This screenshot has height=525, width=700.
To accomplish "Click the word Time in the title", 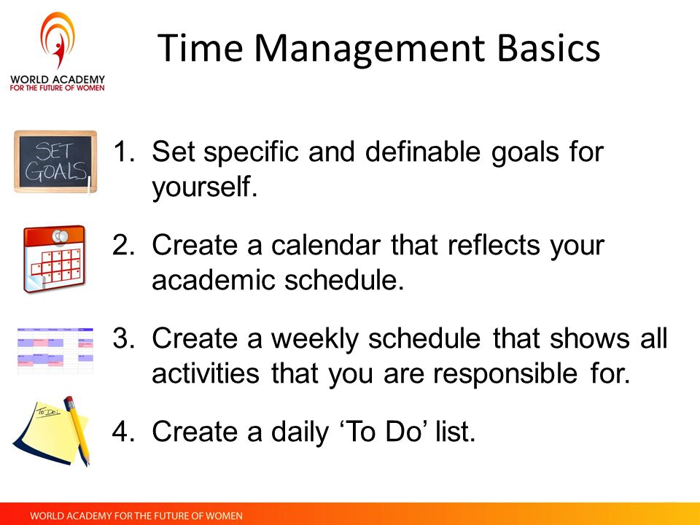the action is coord(200,48).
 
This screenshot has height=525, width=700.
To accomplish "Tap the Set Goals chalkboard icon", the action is coord(55,162).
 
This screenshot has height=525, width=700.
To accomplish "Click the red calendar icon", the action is coord(54,259).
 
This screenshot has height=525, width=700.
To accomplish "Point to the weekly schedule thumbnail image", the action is coord(55,351).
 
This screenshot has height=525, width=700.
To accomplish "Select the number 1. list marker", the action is coord(124,152).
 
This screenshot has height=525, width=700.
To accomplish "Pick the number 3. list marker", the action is coord(124,338).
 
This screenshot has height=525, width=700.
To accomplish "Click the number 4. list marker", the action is coord(124,431).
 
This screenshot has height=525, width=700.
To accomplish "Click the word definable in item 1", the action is coord(422,152).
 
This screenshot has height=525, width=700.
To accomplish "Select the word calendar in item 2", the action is coord(326,245).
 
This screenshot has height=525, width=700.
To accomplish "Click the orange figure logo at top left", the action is coord(58,39).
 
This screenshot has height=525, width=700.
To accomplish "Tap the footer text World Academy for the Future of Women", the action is coord(136,516).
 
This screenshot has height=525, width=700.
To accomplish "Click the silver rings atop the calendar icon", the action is coord(60,236).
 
